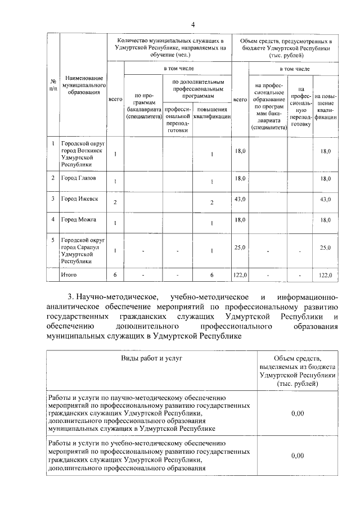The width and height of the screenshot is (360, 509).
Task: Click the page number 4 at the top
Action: (192, 24)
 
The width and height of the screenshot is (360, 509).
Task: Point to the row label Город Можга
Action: (79, 219)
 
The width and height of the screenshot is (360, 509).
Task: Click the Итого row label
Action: (69, 274)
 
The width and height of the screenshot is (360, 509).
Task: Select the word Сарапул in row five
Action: (90, 247)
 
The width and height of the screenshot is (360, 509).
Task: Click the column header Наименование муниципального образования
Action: (84, 84)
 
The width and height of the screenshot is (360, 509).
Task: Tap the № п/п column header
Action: (52, 84)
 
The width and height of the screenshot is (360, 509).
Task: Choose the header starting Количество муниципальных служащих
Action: (169, 48)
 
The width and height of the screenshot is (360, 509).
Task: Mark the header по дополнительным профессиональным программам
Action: (193, 89)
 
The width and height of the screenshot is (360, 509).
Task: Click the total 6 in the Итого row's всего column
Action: (115, 274)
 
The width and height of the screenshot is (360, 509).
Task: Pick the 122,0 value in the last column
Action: (326, 275)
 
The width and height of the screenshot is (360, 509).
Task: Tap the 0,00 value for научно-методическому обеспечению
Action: (298, 413)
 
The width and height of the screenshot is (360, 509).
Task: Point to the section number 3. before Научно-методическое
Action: (71, 296)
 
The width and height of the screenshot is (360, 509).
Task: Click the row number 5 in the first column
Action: (52, 240)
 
